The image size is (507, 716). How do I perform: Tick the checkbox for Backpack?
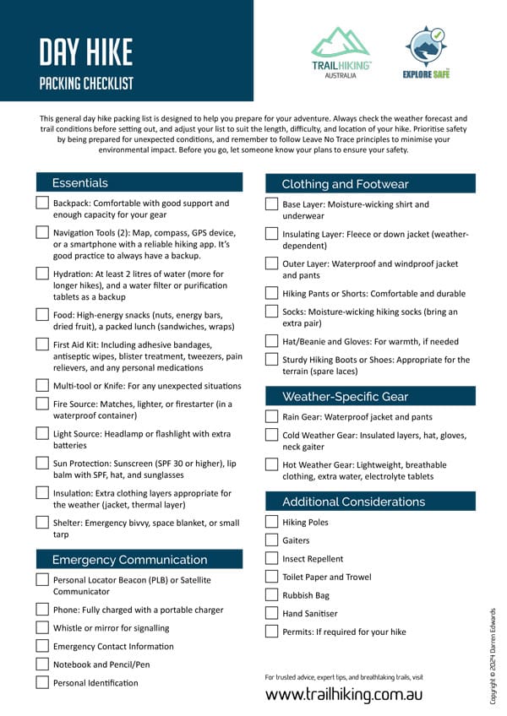(x=42, y=203)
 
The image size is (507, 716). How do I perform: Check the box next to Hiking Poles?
(x=271, y=522)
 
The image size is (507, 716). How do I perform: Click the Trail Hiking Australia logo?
(x=341, y=52)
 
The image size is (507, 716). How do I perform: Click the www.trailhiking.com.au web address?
(x=344, y=695)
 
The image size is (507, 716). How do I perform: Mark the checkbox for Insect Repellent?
(x=271, y=558)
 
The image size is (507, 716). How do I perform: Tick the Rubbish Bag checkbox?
(x=271, y=595)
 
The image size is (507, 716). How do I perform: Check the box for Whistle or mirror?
(x=42, y=627)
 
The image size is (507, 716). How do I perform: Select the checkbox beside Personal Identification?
(x=42, y=682)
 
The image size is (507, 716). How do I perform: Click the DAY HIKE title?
(x=86, y=52)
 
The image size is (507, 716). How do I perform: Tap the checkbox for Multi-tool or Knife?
(x=42, y=385)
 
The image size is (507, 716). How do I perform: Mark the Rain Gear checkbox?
(x=271, y=416)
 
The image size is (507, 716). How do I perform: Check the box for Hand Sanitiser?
(x=271, y=613)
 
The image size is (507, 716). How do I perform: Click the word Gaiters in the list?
(x=296, y=540)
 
